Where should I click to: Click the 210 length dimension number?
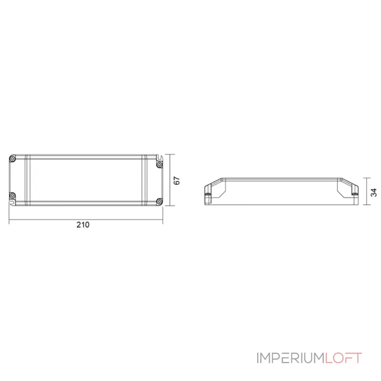pos(83,226)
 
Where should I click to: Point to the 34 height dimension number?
pos(373,192)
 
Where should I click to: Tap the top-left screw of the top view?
pos(13,159)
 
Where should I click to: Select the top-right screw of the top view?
pos(159,165)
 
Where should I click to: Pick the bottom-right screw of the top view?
pos(159,201)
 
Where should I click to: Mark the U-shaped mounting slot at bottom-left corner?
pos(11,202)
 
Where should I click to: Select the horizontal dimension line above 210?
pos(86,221)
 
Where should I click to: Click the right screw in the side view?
pos(354,194)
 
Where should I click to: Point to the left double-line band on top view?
pos(28,180)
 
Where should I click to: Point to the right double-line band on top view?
pos(144,180)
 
